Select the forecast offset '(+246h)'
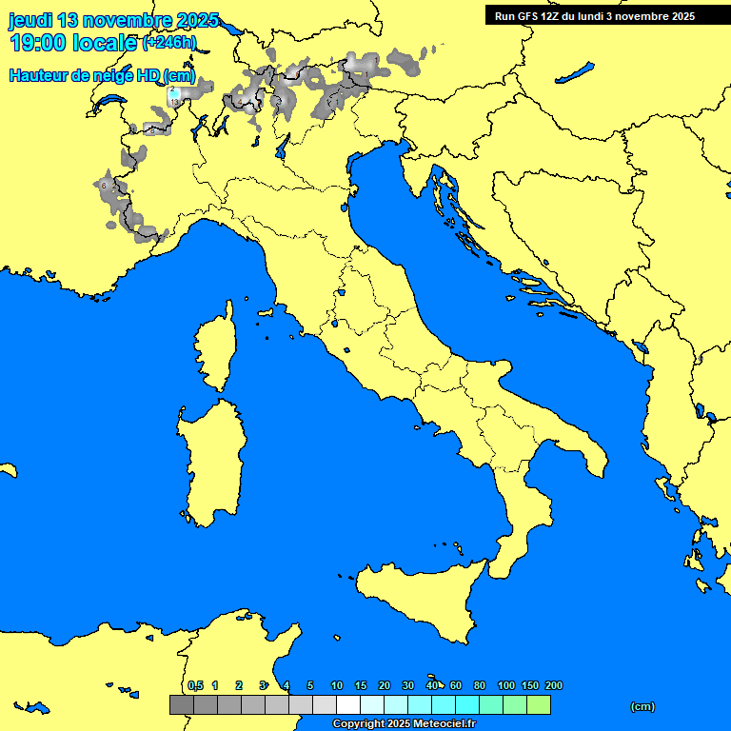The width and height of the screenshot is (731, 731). coord(168,43)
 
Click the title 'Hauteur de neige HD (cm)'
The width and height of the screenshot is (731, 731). coord(102,75)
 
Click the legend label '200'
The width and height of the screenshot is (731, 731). coord(553,685)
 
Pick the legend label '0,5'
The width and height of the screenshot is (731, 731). coord(195,685)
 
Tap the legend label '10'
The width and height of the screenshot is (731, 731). coord(337,685)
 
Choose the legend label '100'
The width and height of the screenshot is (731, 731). coord(506,685)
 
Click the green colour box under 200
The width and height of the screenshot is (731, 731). coord(539,704)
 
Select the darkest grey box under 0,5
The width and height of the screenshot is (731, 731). coord(181,704)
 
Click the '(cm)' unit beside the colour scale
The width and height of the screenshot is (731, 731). coord(642,706)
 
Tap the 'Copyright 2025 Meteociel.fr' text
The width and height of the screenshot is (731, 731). coord(403,724)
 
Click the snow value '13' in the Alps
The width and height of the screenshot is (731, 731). coord(174,102)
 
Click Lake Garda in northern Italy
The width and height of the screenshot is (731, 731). coord(283,146)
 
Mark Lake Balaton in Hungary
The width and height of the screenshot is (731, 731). coord(575,72)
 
